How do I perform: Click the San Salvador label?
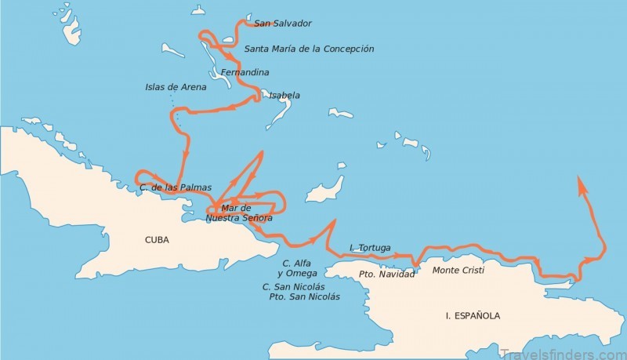(x=283, y=24)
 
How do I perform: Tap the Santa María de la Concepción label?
(x=309, y=49)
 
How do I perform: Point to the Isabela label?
(x=284, y=96)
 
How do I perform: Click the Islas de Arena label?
(x=176, y=87)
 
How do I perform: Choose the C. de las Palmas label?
(x=175, y=187)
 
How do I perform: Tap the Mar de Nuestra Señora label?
(x=238, y=213)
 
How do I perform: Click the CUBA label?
(x=158, y=240)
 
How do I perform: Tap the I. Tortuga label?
(x=370, y=248)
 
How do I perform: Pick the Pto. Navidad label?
(x=386, y=275)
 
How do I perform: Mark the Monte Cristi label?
(x=458, y=270)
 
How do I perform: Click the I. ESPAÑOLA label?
(x=473, y=316)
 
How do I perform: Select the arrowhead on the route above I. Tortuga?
(x=332, y=224)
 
